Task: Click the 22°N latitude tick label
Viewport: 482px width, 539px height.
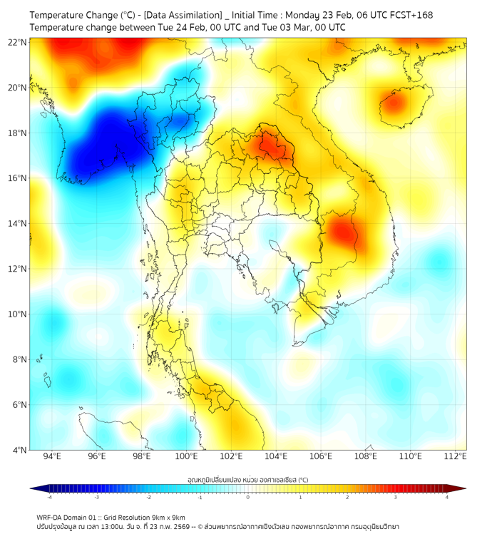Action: pyautogui.click(x=17, y=42)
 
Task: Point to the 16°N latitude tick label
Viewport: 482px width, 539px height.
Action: pyautogui.click(x=17, y=178)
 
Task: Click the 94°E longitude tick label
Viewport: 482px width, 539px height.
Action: pyautogui.click(x=52, y=457)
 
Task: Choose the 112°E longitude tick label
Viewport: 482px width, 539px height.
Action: pyautogui.click(x=455, y=457)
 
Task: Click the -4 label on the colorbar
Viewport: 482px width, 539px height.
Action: pyautogui.click(x=49, y=497)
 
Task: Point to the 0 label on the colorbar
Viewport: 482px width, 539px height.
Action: pyautogui.click(x=248, y=497)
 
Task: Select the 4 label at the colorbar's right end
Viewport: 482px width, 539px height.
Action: pyautogui.click(x=447, y=497)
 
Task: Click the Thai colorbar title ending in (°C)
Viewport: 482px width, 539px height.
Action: pyautogui.click(x=247, y=480)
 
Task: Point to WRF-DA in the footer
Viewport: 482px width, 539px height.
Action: pyautogui.click(x=49, y=518)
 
